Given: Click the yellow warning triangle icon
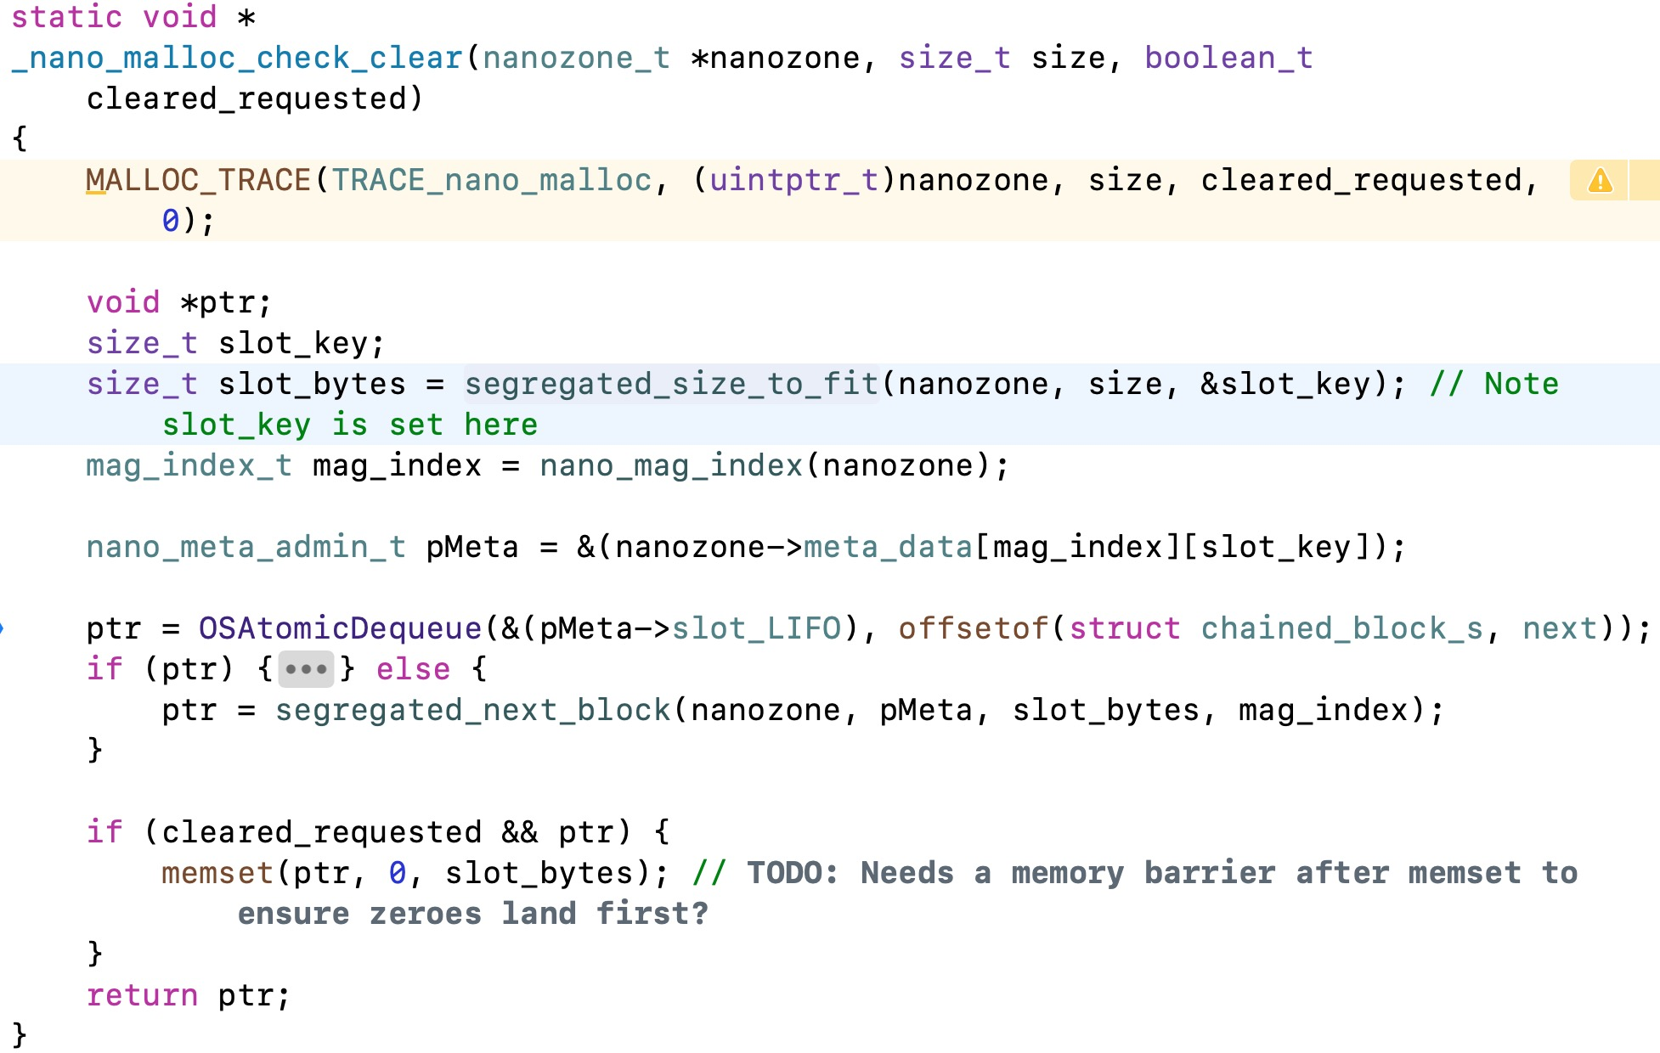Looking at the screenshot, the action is point(1600,181).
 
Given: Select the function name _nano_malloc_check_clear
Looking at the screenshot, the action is point(237,58).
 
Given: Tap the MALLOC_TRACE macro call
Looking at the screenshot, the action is point(198,180).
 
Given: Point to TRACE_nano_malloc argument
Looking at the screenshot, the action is point(491,180).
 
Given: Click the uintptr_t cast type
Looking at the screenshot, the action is point(793,180).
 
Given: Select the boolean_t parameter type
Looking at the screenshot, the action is point(1228,58).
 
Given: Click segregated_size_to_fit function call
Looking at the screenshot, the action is point(671,384).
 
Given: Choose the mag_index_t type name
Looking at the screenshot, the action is point(189,465).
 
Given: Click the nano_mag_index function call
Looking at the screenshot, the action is point(671,465).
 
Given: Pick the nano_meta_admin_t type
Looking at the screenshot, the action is point(246,547).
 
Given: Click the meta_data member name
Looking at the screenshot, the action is point(888,547).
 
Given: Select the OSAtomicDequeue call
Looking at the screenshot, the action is point(340,628).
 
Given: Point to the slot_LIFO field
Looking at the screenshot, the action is point(756,628).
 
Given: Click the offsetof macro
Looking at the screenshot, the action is point(973,628).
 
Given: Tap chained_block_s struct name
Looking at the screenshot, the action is point(1341,628).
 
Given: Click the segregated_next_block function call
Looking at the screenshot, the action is point(472,710).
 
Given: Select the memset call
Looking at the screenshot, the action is point(217,873).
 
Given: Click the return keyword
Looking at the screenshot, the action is point(142,995).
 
